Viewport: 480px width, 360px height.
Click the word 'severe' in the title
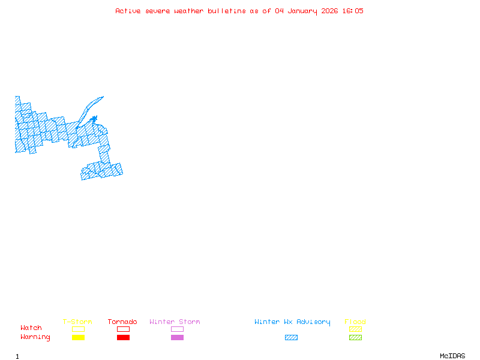(158, 11)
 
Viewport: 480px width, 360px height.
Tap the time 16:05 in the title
(353, 11)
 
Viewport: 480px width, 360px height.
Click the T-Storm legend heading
(77, 322)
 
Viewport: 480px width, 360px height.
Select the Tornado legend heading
(122, 322)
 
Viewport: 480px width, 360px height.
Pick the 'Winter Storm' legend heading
(175, 322)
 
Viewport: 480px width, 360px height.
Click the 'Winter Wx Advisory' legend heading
(292, 322)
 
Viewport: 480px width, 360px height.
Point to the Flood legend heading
(355, 322)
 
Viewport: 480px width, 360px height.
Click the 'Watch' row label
(31, 328)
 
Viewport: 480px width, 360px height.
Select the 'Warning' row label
(35, 337)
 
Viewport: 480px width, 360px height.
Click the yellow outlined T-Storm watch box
(78, 329)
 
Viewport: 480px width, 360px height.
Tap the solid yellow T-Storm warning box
(78, 338)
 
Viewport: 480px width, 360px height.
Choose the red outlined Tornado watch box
(123, 329)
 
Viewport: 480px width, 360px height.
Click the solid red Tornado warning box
(123, 338)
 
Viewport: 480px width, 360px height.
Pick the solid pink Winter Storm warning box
(177, 338)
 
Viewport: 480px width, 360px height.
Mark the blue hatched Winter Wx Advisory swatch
(291, 338)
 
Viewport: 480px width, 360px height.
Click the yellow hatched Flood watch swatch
(355, 329)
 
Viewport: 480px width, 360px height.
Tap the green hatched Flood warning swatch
(355, 338)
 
